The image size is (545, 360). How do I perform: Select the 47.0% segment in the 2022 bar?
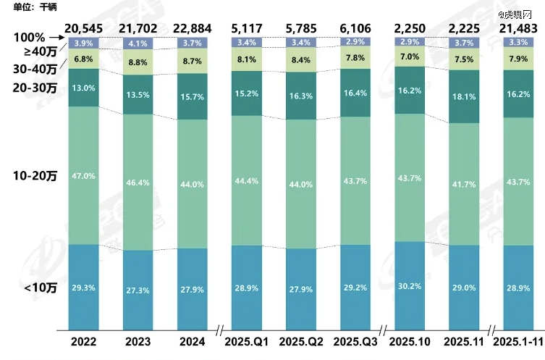[83, 175]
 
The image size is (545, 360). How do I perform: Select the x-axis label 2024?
[191, 340]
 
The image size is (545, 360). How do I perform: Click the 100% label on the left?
[29, 37]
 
